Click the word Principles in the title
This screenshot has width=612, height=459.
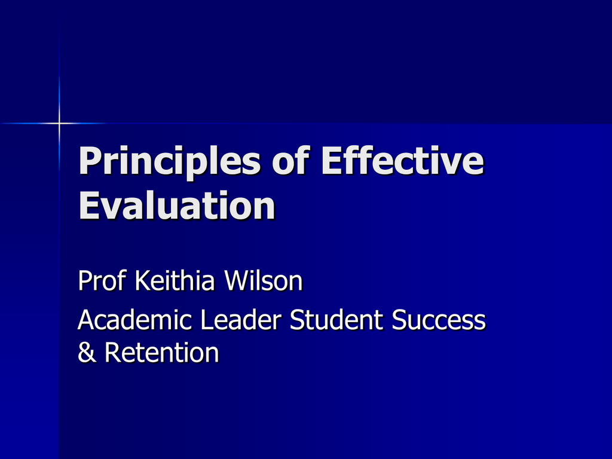[169, 161]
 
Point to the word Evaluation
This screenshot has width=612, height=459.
[177, 206]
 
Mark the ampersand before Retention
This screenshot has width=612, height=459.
[87, 351]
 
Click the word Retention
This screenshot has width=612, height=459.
[161, 351]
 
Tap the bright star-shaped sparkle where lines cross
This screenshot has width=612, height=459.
[59, 123]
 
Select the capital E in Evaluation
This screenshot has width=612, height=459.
[88, 206]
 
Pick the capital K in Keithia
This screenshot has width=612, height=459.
[143, 280]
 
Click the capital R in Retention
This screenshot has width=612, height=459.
[113, 353]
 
